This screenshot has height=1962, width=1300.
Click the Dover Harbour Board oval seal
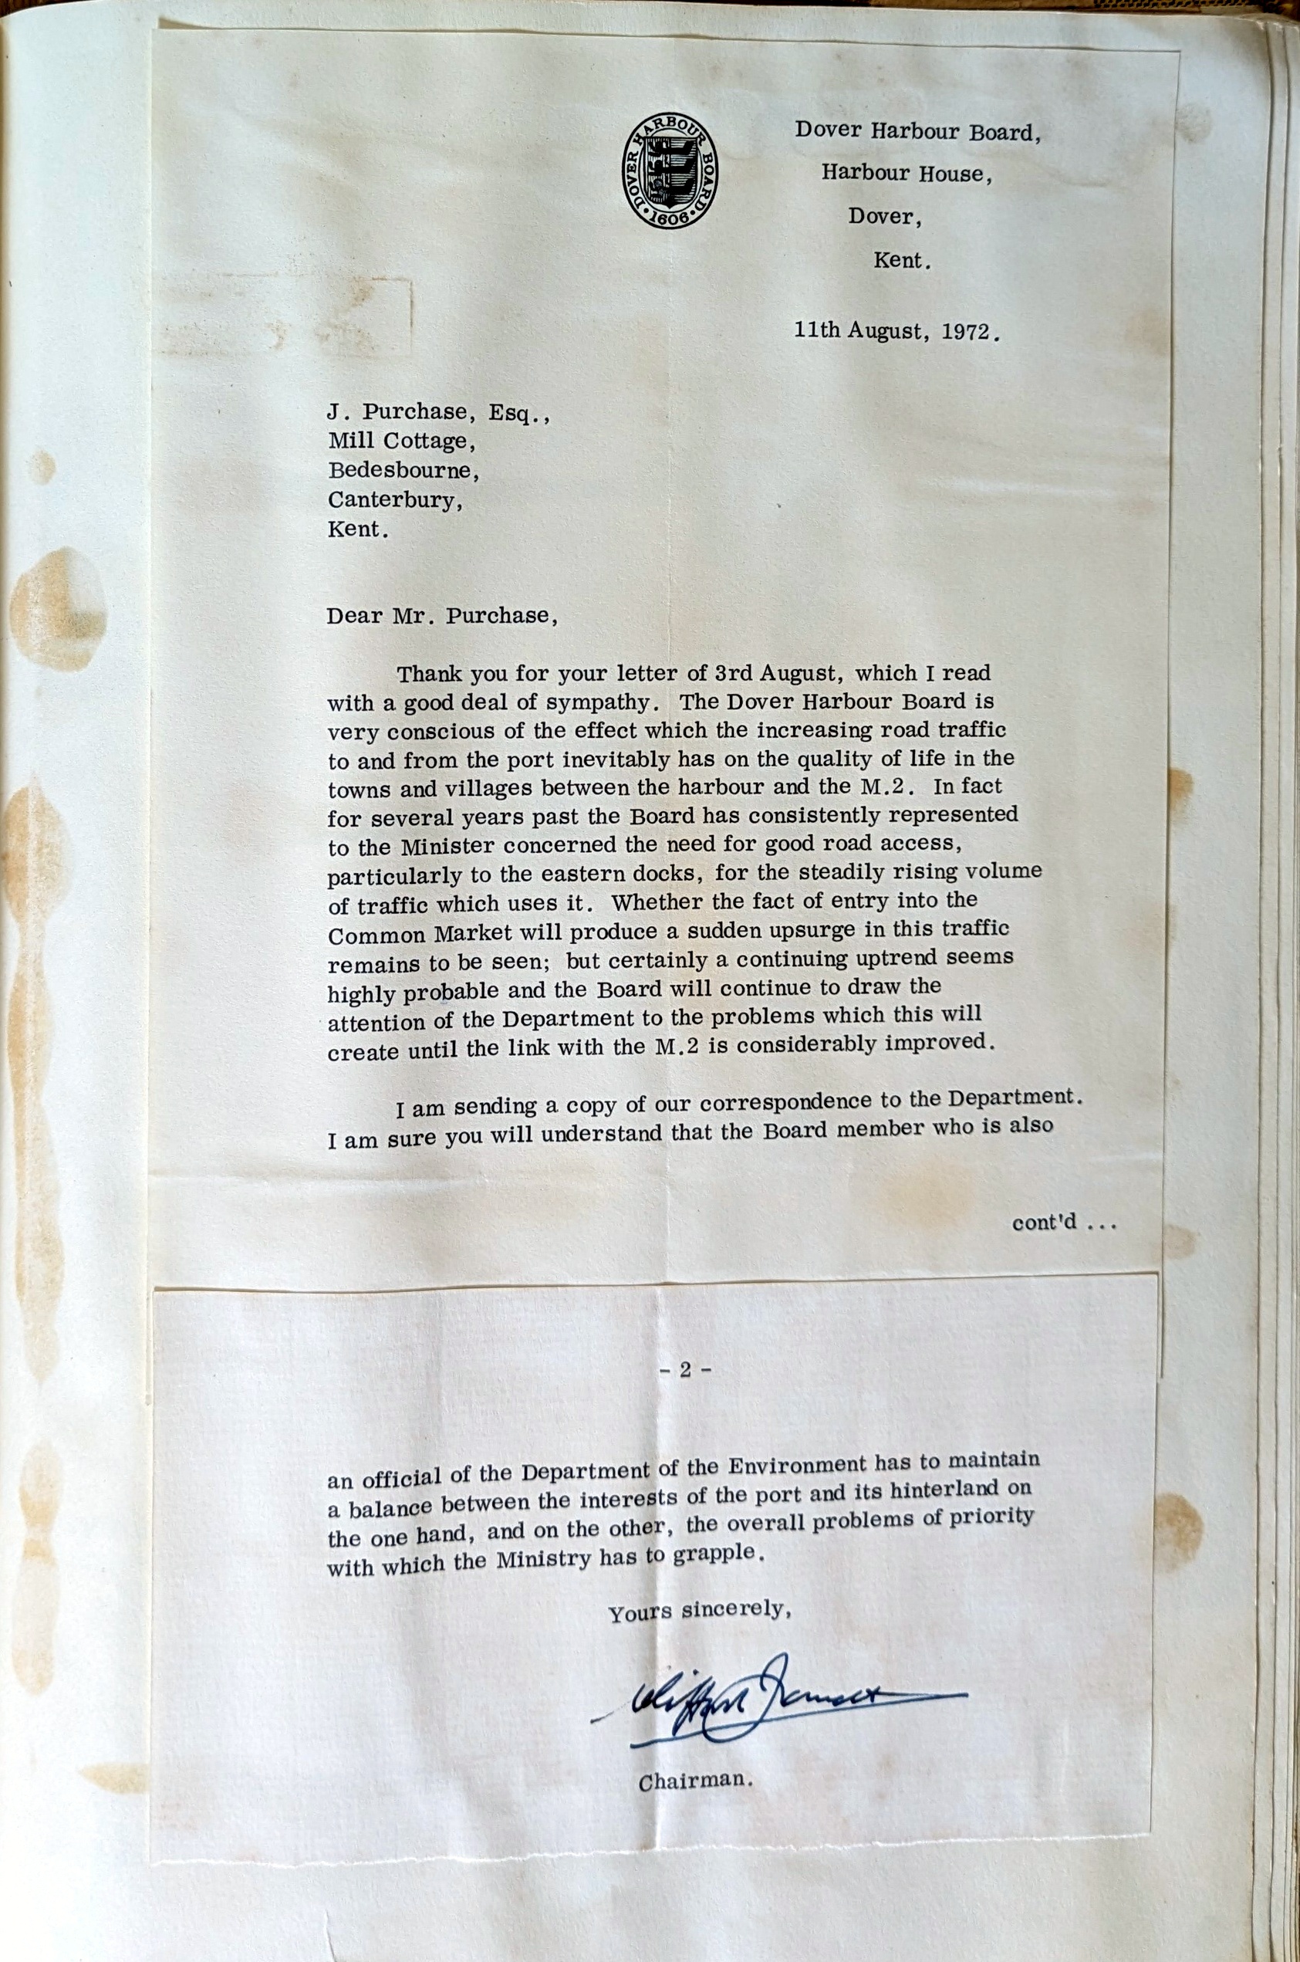tap(670, 171)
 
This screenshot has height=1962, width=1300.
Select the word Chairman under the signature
tap(695, 1781)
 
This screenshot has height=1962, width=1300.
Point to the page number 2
tap(685, 1370)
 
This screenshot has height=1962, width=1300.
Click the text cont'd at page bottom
tap(1064, 1223)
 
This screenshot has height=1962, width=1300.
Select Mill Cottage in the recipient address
tap(401, 442)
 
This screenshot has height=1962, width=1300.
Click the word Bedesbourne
tap(403, 471)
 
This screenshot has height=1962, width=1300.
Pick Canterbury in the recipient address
tap(396, 500)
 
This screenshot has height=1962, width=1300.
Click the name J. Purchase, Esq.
tap(438, 413)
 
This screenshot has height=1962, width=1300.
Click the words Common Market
tap(420, 935)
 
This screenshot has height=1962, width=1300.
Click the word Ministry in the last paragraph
tap(545, 1560)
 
